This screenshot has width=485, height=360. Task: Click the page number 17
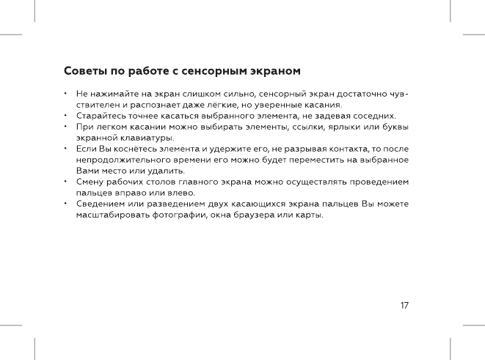coord(405,304)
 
